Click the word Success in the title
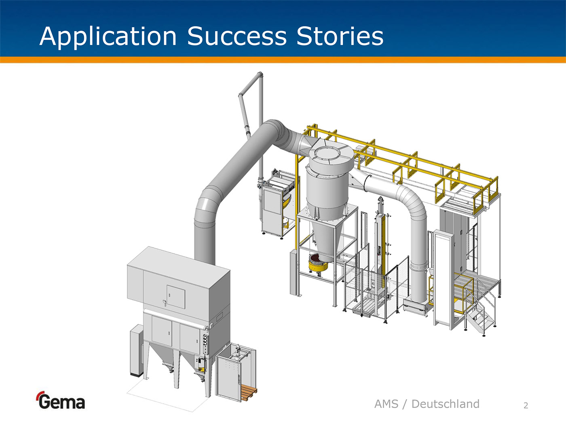point(237,36)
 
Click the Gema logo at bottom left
point(61,401)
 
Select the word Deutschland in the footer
point(445,404)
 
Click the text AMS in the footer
point(386,404)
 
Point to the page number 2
point(526,405)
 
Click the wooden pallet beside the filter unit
point(248,392)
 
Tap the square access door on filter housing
point(175,297)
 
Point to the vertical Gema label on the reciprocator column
point(379,251)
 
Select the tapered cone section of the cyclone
point(326,235)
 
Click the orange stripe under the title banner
point(283,60)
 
